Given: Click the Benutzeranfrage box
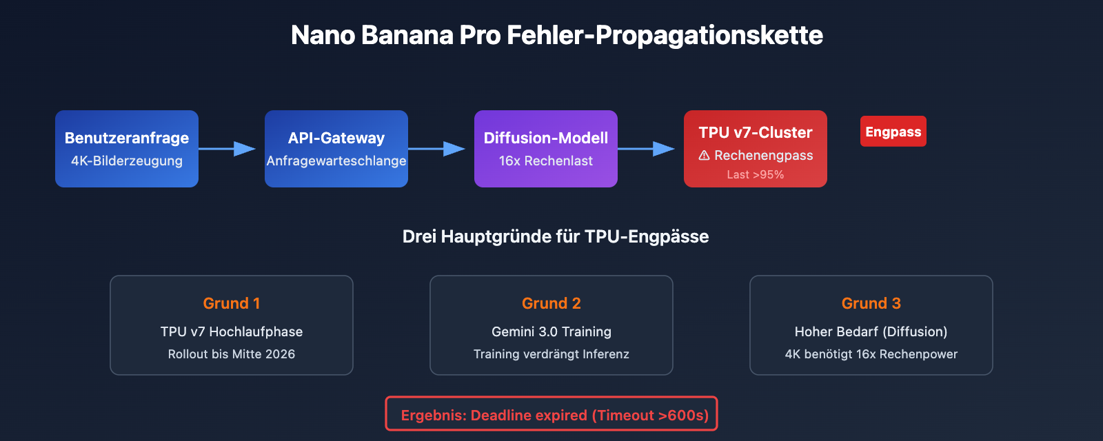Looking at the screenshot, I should pyautogui.click(x=127, y=149).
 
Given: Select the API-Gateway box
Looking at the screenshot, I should pyautogui.click(x=336, y=149).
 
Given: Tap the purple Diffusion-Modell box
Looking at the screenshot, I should pyautogui.click(x=546, y=149).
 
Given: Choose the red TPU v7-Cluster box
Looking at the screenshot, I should pyautogui.click(x=756, y=149).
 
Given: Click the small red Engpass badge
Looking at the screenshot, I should pyautogui.click(x=893, y=132).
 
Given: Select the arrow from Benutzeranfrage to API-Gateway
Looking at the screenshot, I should pyautogui.click(x=227, y=149).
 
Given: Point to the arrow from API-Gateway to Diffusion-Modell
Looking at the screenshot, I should pyautogui.click(x=437, y=149).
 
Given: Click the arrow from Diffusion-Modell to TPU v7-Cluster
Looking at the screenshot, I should pyautogui.click(x=647, y=149).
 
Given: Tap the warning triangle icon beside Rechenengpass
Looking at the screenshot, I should pyautogui.click(x=704, y=156).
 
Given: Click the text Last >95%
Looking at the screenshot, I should pyautogui.click(x=756, y=175).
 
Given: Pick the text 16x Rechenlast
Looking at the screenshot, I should pyautogui.click(x=546, y=161).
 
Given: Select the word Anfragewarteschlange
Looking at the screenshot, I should pyautogui.click(x=336, y=161).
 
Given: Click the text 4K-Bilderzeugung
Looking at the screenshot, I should pyautogui.click(x=127, y=161).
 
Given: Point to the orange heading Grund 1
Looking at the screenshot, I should pyautogui.click(x=232, y=303).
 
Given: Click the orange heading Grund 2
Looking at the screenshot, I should pyautogui.click(x=551, y=303).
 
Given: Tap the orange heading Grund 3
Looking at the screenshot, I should pyautogui.click(x=871, y=303).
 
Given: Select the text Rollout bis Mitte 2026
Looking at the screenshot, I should pyautogui.click(x=232, y=354).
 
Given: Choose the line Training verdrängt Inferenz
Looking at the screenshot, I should pyautogui.click(x=551, y=354).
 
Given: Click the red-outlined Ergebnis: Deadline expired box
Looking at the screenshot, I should pyautogui.click(x=551, y=414).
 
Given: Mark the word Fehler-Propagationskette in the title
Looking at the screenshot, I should pyautogui.click(x=665, y=35).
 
